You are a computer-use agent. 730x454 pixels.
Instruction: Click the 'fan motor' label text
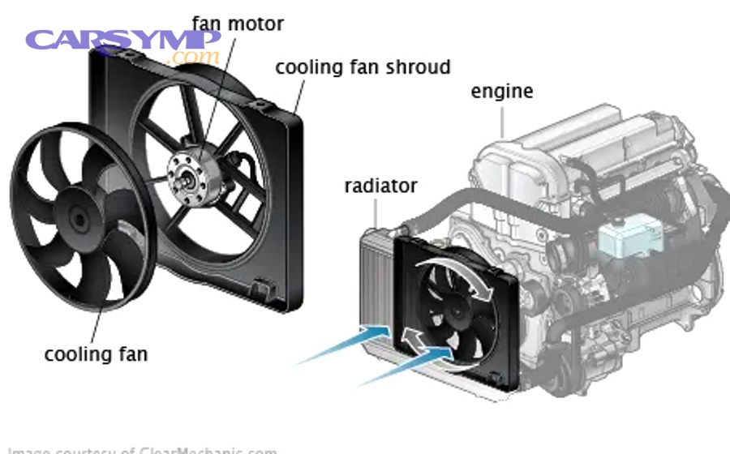pos(237,24)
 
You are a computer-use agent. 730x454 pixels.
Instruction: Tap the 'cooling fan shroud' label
pos(362,66)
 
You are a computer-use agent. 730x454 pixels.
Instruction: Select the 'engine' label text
pos(501,92)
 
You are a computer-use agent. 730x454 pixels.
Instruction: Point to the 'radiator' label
pos(380,186)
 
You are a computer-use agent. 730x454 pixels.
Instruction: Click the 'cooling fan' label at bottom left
pos(96,353)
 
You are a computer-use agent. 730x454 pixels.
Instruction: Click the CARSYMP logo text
pos(122,40)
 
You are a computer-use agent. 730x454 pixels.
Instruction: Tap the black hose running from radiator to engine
pos(454,212)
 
